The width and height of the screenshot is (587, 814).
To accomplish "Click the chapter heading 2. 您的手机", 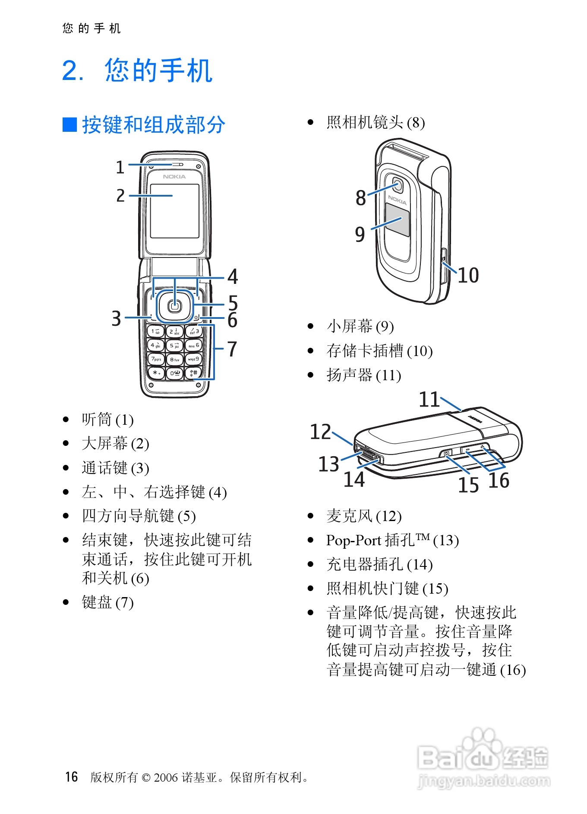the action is [137, 70].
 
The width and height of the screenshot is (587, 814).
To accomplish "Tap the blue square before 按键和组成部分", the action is [69, 124].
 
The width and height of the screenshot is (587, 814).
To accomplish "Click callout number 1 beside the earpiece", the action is [120, 168].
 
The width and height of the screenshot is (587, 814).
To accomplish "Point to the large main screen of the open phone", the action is [174, 210].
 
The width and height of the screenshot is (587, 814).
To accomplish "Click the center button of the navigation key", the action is [174, 306].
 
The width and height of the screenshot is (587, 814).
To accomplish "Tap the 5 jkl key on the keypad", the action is [174, 345].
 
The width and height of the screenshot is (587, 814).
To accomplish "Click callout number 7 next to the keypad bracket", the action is [232, 349].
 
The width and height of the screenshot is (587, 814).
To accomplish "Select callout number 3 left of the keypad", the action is [117, 318].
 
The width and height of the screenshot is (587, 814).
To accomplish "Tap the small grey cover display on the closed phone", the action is [397, 220].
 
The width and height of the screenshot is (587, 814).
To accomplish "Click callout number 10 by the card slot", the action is [468, 275].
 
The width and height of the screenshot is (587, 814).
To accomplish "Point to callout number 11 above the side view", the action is [429, 399].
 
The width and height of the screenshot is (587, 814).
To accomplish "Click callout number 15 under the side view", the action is [468, 485].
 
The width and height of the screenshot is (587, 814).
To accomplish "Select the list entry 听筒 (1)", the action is [107, 420].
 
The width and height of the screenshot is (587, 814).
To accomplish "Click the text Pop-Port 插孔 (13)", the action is [392, 540].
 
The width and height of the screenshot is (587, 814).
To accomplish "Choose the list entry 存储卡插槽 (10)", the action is [379, 351].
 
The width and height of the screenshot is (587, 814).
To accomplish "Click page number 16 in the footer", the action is [72, 777].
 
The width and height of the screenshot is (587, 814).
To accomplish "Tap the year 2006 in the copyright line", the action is [166, 778].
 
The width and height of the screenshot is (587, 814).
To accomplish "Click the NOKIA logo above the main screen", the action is [174, 177].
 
